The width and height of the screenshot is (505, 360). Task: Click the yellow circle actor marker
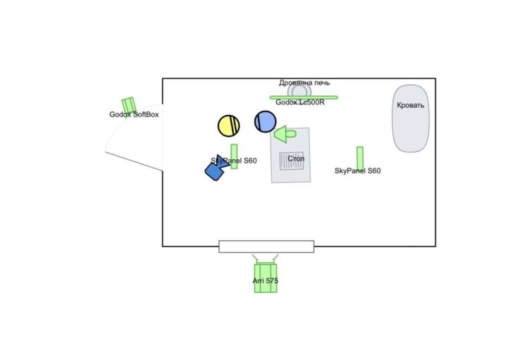pos(229,125)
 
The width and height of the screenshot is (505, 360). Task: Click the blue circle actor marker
pos(266,122)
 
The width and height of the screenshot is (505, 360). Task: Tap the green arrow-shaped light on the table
pos(286,132)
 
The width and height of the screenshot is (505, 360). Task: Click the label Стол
pos(297,159)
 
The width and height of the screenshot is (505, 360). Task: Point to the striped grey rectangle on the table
pos(292,164)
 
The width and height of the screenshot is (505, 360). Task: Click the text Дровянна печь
pos(304,82)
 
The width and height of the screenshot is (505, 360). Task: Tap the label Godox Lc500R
pos(300,103)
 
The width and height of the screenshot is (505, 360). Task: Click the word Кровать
pos(411,106)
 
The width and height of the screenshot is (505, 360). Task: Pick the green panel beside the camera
pos(235,156)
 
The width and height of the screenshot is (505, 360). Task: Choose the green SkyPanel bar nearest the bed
pos(360,157)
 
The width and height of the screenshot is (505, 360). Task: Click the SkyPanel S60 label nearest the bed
pos(358,171)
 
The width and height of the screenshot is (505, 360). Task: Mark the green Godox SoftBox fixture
pos(128,105)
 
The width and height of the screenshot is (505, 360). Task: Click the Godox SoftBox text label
pos(134,115)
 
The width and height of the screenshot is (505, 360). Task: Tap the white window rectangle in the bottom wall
pos(266,246)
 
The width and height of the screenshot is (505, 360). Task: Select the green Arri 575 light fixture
pos(266,276)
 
